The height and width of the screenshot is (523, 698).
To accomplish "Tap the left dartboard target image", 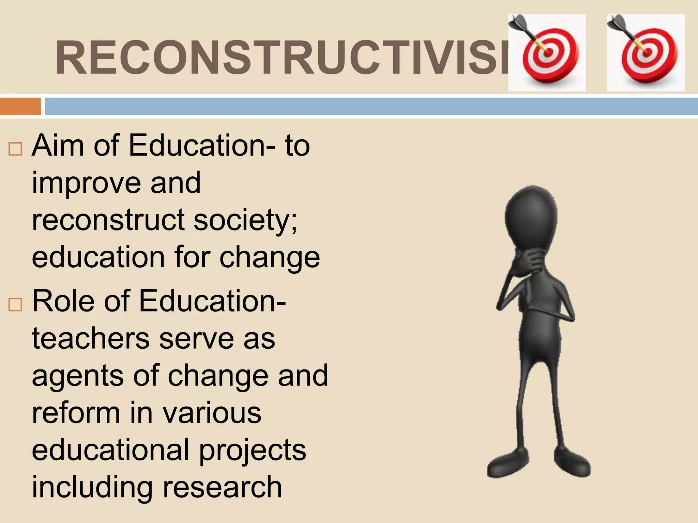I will coord(547,53).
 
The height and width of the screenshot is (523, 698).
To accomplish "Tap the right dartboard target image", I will coord(646,53).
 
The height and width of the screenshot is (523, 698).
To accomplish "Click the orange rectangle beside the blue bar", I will coord(20,106).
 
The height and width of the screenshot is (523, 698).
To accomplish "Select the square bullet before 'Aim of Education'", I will coord(15,149).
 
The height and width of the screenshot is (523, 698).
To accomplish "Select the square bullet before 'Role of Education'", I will coord(15,304).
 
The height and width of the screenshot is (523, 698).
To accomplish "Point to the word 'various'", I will coord(212,413).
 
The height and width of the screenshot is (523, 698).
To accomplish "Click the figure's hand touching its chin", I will coord(530,260).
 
